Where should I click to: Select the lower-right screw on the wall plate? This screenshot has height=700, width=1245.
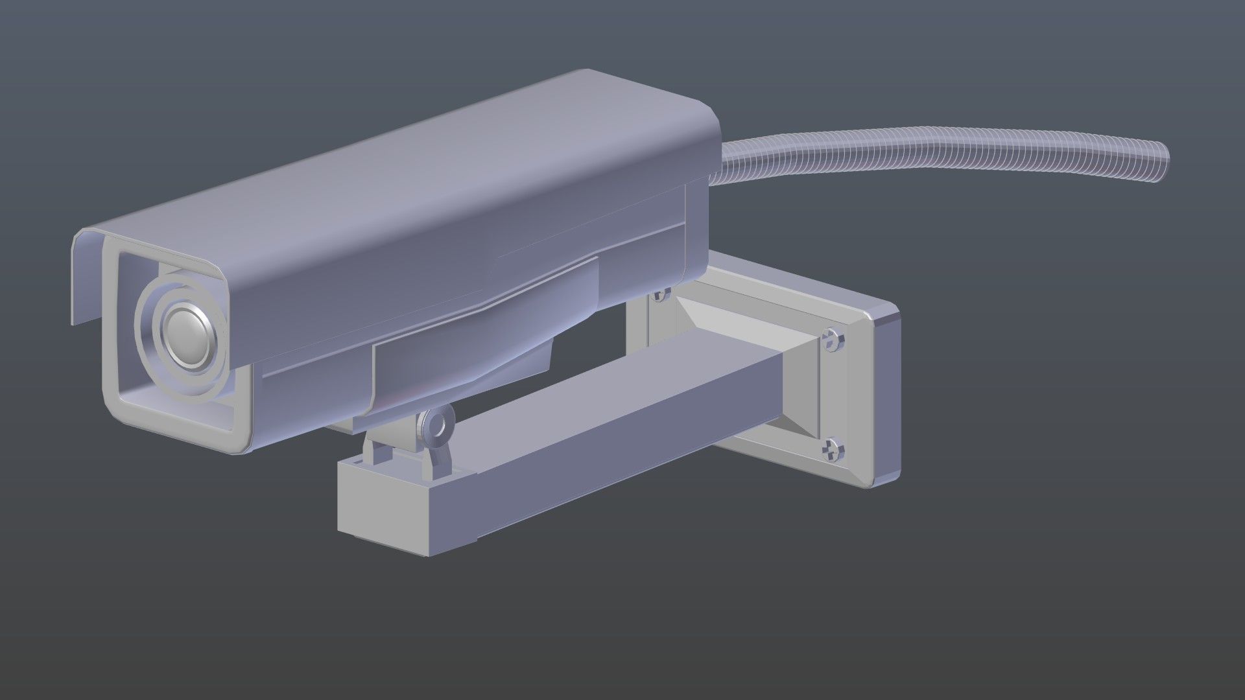click(833, 448)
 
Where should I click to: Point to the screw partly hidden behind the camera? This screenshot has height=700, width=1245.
click(661, 295)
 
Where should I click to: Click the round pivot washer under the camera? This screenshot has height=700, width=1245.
click(435, 425)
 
